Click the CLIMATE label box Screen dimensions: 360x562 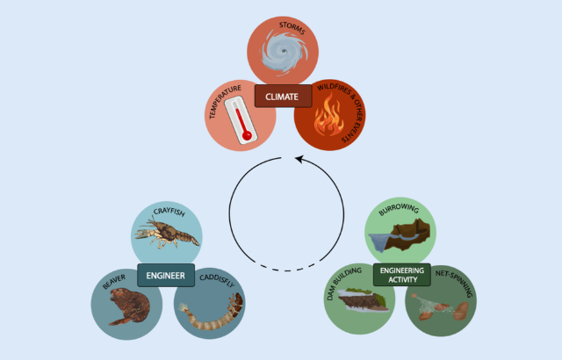point(283,96)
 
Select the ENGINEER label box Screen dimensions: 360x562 point(166,276)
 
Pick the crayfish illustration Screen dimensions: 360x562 point(167,234)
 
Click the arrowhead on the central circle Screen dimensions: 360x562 point(299,160)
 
